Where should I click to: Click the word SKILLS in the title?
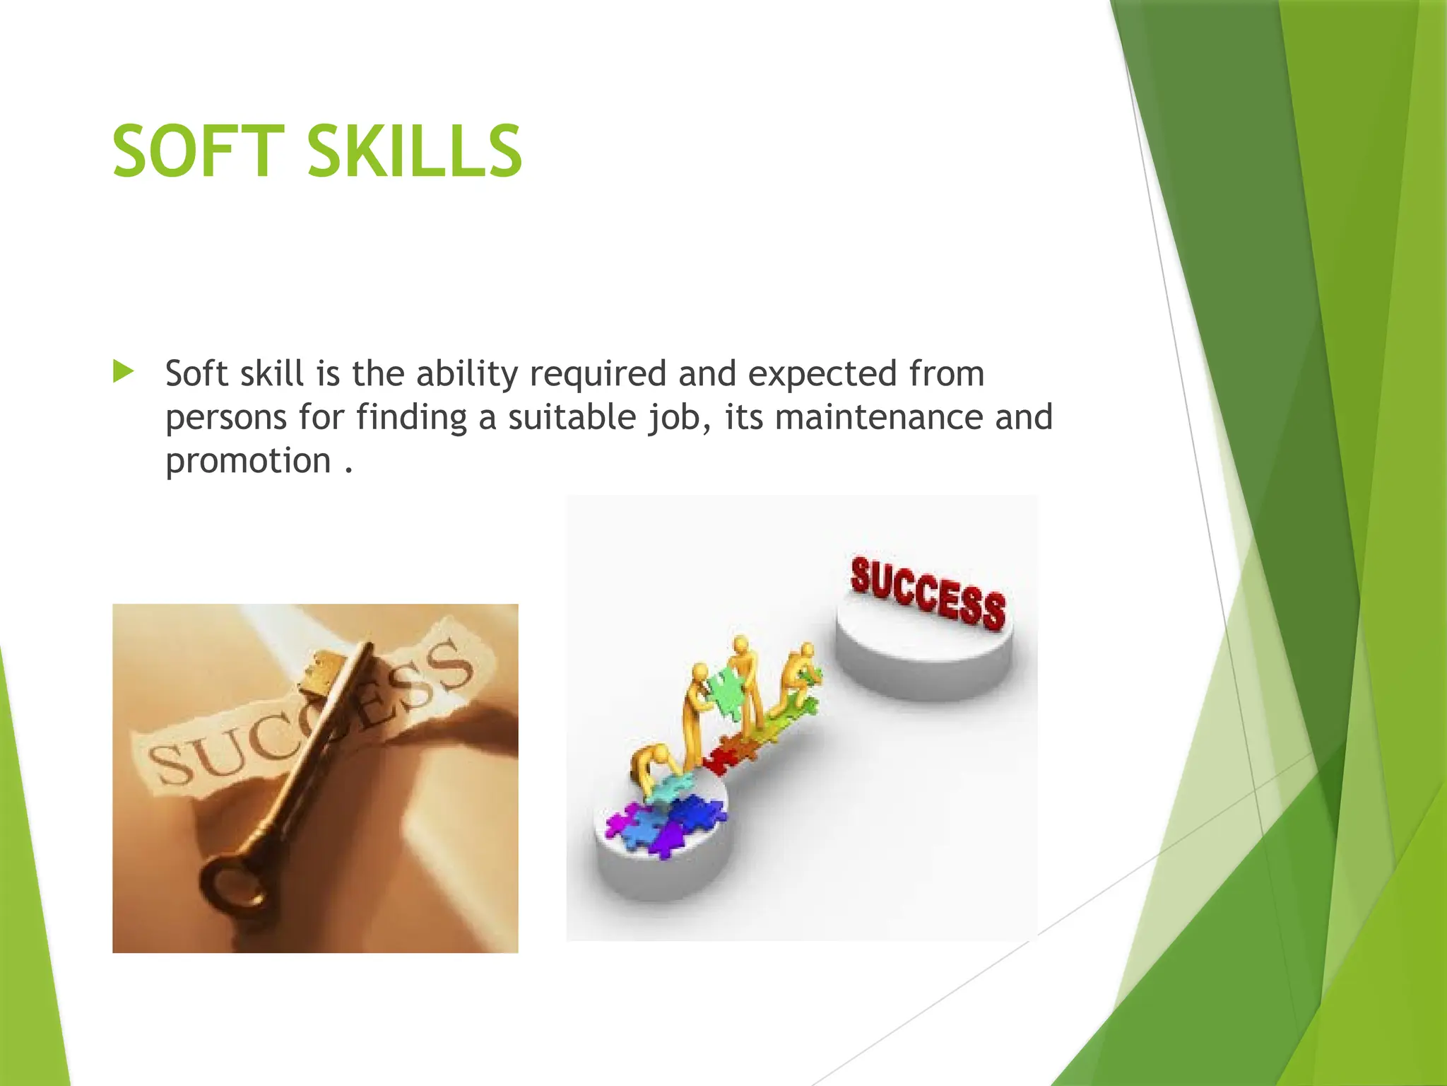415,151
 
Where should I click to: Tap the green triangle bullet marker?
123,371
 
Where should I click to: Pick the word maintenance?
878,417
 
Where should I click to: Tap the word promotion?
248,461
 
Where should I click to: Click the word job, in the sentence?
679,417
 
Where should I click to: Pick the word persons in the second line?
226,417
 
